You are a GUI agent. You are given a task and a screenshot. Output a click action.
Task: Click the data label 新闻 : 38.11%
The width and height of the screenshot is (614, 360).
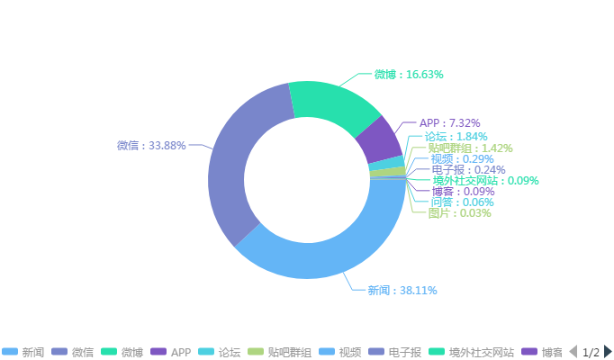(x=402, y=291)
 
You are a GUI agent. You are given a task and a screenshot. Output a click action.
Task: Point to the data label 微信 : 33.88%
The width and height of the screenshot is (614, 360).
(x=151, y=145)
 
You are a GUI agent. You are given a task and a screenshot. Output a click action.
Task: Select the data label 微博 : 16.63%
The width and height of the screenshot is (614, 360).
(x=408, y=74)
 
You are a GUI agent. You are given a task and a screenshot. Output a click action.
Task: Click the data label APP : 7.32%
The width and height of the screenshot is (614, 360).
(x=449, y=122)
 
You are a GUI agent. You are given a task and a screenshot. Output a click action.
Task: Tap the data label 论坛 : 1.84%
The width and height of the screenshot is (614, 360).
(x=456, y=136)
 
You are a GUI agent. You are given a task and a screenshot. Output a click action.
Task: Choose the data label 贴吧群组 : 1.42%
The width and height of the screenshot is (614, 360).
(x=470, y=148)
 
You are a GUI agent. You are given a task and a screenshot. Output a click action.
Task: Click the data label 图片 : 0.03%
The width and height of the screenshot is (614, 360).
(x=459, y=213)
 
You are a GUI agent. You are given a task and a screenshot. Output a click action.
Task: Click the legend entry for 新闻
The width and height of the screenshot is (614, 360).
(x=25, y=352)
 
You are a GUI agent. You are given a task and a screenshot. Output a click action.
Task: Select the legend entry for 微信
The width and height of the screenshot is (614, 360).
(x=75, y=352)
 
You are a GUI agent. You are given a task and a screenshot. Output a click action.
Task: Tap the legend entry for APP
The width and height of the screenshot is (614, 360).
(x=171, y=352)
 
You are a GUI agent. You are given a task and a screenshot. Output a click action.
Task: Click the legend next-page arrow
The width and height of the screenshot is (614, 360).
(x=608, y=352)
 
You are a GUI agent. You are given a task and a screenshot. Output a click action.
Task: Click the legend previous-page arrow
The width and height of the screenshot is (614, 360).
(x=573, y=352)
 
